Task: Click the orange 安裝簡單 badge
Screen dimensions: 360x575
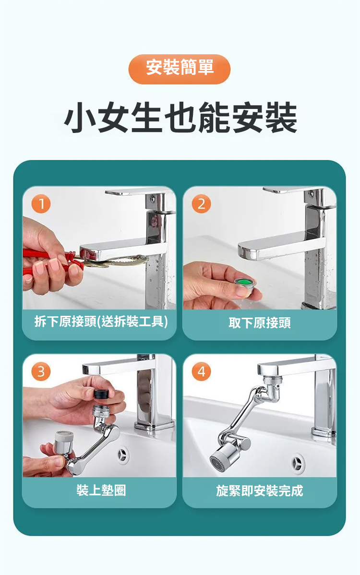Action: coord(179,69)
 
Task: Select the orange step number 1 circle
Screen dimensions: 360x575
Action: coord(41,204)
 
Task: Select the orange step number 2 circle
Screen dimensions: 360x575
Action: coord(201,204)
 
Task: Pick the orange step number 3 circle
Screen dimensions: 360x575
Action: coord(41,371)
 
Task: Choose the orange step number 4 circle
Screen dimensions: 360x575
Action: coord(201,371)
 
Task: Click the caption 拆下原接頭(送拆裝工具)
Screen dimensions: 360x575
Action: coord(101,322)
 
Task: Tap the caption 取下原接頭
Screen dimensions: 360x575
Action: coord(260,323)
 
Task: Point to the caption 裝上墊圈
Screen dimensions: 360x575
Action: coord(101,490)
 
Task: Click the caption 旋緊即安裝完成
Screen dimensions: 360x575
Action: coord(260,491)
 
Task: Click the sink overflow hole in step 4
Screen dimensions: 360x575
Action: coord(297,461)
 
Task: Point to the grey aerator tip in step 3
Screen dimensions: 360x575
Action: coord(64,442)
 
